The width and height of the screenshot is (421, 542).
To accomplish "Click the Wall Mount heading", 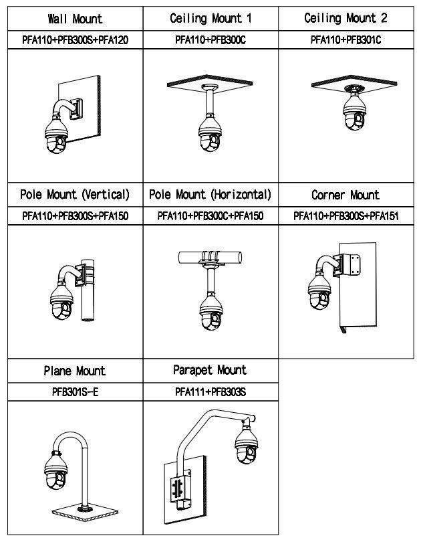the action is (75, 19).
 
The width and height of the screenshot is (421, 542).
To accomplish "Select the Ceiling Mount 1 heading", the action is (210, 18).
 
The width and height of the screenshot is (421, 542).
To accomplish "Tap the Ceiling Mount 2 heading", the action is (345, 18).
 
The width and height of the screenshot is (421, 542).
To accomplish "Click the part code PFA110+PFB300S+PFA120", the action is (76, 40).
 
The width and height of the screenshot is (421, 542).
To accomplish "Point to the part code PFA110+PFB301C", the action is (345, 40).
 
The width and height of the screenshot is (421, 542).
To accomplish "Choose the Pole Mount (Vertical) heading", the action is (75, 195).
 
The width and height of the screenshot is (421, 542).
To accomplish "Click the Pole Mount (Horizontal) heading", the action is (210, 195).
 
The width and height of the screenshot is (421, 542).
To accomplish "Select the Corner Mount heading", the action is (345, 195).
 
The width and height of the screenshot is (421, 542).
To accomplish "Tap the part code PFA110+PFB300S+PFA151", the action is (346, 216).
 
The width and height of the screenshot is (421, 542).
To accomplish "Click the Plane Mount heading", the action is (75, 371).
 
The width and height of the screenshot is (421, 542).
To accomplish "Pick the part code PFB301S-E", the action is (76, 392).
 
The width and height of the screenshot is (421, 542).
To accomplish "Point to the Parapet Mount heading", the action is (210, 370).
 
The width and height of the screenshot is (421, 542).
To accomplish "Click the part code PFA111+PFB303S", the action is (210, 392).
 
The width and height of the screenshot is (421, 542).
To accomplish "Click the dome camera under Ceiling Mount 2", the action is (354, 111).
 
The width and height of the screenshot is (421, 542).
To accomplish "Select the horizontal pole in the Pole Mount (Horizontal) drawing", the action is (210, 258).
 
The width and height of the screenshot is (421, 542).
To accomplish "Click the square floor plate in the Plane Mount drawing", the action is (85, 513).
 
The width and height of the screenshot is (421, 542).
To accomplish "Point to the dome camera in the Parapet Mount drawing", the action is (247, 445).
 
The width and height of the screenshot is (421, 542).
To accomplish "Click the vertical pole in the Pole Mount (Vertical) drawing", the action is (88, 290).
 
